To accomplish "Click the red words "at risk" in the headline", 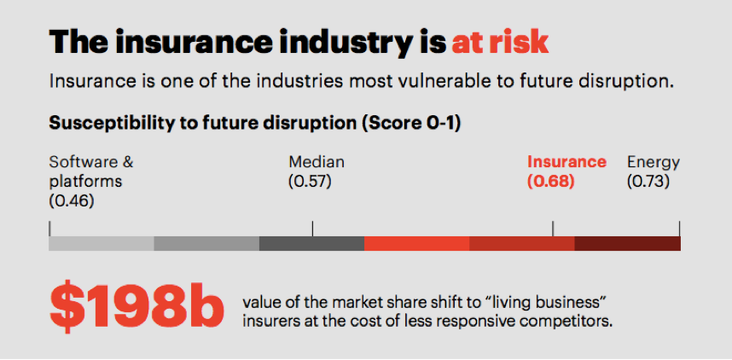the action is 500,43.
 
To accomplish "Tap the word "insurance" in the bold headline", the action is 190,43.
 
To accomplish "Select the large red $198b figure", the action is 137,305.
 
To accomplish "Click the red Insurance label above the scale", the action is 566,162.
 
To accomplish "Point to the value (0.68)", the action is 551,181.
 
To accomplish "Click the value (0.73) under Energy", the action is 648,181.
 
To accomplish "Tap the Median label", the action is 317,162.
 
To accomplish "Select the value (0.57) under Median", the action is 310,181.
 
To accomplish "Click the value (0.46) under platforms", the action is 71,200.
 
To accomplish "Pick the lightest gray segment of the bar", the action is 102,243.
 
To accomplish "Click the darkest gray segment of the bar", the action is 312,243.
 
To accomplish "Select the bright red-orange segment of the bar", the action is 417,243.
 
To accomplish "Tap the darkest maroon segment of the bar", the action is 627,243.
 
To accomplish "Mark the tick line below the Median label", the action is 313,229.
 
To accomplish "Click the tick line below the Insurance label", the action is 553,229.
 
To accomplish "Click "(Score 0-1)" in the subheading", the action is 414,124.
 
